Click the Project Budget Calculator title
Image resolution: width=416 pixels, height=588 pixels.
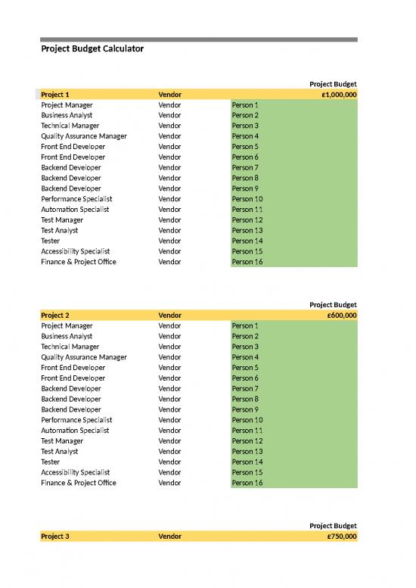92,49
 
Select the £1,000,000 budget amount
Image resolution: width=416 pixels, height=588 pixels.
339,95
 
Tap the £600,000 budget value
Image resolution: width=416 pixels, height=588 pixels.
342,316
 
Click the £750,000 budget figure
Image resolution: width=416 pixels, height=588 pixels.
342,537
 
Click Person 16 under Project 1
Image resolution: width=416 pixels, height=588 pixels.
247,262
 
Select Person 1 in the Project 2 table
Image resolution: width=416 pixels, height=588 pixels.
245,325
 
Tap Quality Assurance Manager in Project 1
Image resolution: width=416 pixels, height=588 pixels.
84,136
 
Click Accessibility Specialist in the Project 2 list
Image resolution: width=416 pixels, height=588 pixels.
75,472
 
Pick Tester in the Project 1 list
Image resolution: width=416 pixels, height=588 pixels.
51,241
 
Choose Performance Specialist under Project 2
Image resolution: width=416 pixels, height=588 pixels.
76,420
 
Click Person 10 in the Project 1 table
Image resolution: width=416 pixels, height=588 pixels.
247,199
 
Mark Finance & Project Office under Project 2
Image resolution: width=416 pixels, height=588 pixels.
79,483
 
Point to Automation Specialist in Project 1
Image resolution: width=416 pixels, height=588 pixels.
75,210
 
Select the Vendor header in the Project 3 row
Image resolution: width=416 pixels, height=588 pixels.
169,537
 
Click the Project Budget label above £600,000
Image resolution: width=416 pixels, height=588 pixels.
333,305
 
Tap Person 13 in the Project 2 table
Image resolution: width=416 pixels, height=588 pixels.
247,451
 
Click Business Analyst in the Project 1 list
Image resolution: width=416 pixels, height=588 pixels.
67,115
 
